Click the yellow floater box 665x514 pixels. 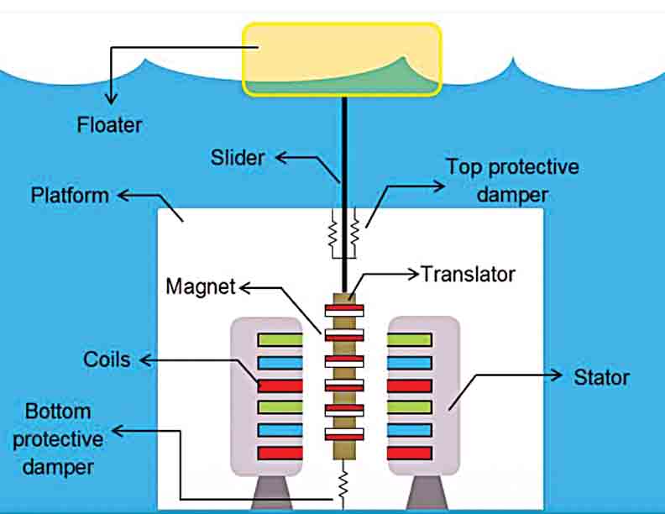(342, 58)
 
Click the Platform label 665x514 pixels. (70, 196)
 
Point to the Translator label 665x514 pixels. (468, 274)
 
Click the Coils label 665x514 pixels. (107, 359)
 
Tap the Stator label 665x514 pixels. (601, 377)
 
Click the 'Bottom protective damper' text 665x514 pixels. (64, 438)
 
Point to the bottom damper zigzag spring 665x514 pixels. (343, 485)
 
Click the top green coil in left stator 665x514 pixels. (280, 339)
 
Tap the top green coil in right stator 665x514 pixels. (410, 339)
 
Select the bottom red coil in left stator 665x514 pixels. (280, 453)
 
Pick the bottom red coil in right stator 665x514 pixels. (410, 453)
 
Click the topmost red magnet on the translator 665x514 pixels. (343, 309)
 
